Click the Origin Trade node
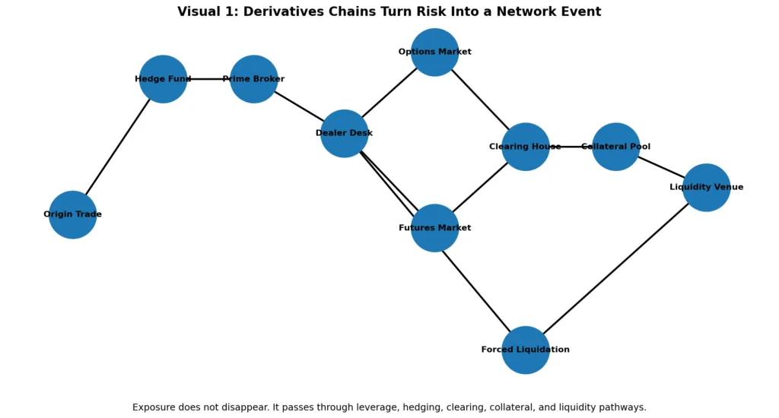[72, 214]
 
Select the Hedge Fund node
[163, 79]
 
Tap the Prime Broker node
[253, 79]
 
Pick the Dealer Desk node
[344, 134]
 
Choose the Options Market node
[434, 52]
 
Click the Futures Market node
[434, 228]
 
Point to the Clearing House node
[525, 147]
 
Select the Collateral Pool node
[615, 147]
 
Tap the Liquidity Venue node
[706, 187]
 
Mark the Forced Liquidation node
[525, 350]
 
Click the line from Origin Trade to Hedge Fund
[118, 146]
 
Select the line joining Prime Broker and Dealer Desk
[298, 106]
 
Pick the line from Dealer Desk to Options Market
[389, 93]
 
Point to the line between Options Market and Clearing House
[479, 99]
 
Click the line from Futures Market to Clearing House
[479, 188]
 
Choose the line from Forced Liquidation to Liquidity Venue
[615, 268]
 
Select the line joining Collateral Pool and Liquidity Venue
[660, 166]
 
